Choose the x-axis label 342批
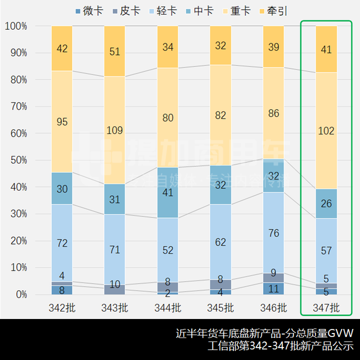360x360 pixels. tap(62, 308)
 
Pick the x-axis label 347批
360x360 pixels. tap(326, 308)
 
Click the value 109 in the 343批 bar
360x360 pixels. tap(115, 130)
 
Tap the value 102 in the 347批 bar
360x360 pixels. tap(326, 130)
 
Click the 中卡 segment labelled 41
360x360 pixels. tap(168, 192)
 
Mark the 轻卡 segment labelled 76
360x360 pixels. tap(273, 232)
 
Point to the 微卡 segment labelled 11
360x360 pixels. tap(273, 289)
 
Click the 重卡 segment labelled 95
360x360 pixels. tap(62, 121)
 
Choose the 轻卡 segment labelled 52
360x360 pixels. tap(168, 250)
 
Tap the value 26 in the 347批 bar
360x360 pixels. tap(326, 204)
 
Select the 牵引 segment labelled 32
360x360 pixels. tap(220, 46)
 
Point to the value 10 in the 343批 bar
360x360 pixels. tap(115, 284)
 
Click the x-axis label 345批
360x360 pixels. tap(220, 308)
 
